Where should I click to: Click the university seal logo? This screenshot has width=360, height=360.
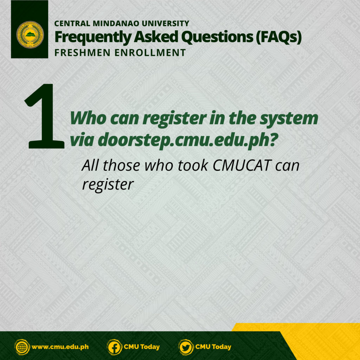30,35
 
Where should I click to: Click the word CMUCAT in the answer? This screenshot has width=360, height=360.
242,165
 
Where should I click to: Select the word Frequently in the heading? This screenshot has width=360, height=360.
93,37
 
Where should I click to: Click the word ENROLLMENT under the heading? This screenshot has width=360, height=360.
150,53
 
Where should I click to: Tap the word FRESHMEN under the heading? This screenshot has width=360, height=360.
82,53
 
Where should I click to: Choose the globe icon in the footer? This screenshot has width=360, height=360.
22,347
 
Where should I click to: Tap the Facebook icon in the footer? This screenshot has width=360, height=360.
114,347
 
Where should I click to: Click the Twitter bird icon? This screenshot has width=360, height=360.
186,347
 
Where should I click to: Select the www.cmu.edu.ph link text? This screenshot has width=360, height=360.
60,347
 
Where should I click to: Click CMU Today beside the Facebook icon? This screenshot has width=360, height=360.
142,347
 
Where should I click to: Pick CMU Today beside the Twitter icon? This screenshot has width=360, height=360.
213,347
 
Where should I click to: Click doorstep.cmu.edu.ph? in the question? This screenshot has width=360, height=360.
188,140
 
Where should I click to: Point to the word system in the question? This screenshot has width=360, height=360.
289,119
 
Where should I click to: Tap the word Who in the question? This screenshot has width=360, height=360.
88,118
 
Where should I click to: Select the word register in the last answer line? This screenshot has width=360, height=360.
108,185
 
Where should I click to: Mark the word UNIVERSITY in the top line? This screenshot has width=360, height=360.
166,24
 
